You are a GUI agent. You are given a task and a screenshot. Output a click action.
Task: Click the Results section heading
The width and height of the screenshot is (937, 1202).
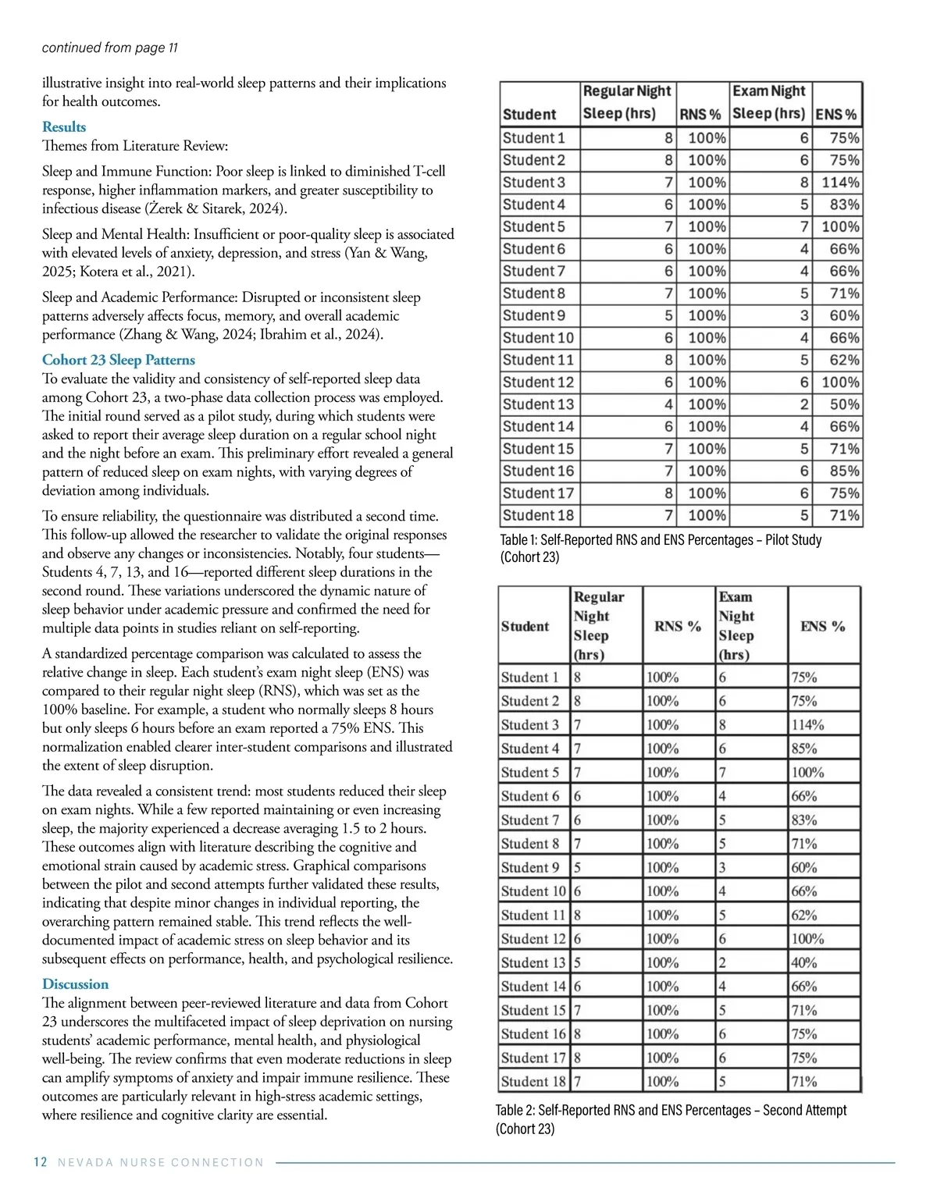[64, 127]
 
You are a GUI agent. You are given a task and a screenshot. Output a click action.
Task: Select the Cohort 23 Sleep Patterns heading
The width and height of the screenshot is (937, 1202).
[119, 360]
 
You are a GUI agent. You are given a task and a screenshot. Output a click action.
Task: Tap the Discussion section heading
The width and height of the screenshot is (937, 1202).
[75, 984]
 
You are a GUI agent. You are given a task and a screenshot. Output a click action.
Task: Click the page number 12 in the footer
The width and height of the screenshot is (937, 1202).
[41, 1162]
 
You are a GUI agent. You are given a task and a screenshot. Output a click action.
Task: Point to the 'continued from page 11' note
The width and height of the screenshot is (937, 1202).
[109, 48]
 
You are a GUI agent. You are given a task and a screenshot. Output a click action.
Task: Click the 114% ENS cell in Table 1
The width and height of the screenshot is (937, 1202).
[840, 183]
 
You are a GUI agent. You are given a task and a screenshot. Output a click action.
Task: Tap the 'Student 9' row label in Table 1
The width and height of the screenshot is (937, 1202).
[534, 316]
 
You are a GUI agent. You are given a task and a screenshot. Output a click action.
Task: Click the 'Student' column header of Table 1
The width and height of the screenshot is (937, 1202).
[529, 114]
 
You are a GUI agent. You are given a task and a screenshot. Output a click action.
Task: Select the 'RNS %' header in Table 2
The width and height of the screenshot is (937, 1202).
[677, 626]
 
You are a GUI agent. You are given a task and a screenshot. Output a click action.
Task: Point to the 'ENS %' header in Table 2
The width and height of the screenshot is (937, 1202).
[823, 626]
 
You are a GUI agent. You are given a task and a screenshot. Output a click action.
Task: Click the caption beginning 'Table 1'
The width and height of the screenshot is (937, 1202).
[661, 548]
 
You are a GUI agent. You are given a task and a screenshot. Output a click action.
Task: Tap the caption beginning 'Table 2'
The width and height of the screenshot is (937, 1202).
[671, 1119]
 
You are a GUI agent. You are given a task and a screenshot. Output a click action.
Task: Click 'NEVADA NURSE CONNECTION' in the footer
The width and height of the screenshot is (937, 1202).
[161, 1162]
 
